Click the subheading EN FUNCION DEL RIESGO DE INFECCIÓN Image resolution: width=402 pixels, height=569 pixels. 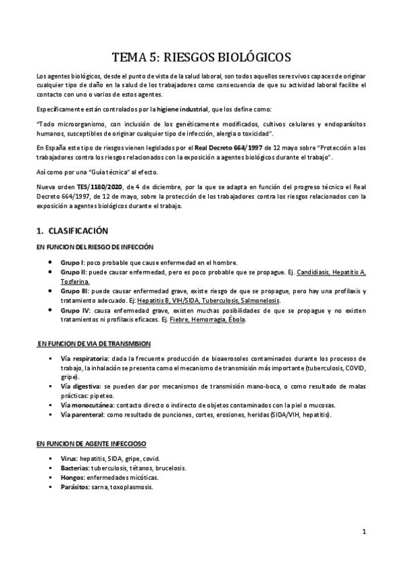click(95, 247)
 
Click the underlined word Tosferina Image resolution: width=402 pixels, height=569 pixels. click(74, 282)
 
